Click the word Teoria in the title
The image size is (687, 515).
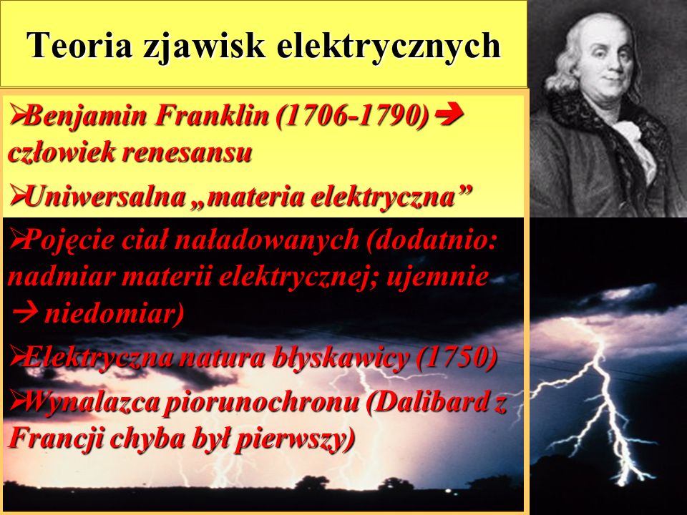[79, 45]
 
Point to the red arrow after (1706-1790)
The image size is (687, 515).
[450, 115]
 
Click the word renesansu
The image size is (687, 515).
[187, 153]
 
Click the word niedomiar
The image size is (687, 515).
[114, 313]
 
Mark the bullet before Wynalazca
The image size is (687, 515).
[16, 399]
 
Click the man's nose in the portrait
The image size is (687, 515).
[613, 67]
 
